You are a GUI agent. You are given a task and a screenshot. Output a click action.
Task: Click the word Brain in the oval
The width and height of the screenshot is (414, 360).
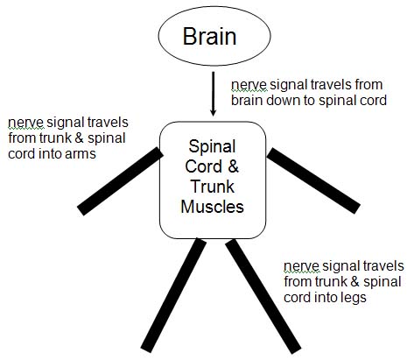click(x=209, y=36)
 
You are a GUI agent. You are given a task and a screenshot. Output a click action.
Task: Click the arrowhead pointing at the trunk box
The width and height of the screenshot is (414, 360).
click(x=214, y=112)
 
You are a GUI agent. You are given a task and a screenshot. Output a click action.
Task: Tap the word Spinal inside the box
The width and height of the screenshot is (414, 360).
click(x=212, y=147)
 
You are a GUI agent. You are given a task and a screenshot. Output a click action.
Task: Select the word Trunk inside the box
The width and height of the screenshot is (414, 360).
click(x=213, y=187)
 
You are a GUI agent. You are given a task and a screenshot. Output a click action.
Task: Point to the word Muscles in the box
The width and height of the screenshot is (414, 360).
click(x=213, y=207)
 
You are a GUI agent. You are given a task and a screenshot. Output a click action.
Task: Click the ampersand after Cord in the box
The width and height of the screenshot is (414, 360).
click(x=234, y=166)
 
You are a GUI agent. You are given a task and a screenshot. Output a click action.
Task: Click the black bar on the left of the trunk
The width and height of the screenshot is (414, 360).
click(x=120, y=181)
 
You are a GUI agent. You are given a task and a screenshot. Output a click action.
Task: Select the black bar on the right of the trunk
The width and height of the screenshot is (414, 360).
click(x=313, y=180)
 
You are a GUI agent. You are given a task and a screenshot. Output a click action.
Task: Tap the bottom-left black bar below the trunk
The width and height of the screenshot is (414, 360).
click(x=173, y=295)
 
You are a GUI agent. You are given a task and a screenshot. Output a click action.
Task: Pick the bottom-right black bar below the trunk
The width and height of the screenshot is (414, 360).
click(x=263, y=297)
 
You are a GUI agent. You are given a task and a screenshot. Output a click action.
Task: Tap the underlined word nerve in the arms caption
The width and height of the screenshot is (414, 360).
click(x=26, y=124)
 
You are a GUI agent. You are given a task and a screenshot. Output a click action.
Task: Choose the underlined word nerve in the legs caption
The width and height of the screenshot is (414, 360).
click(x=302, y=267)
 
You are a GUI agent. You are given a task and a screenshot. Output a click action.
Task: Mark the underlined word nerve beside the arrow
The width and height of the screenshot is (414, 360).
click(x=249, y=86)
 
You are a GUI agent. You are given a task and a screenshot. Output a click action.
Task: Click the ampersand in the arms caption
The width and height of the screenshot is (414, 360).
click(x=80, y=138)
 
